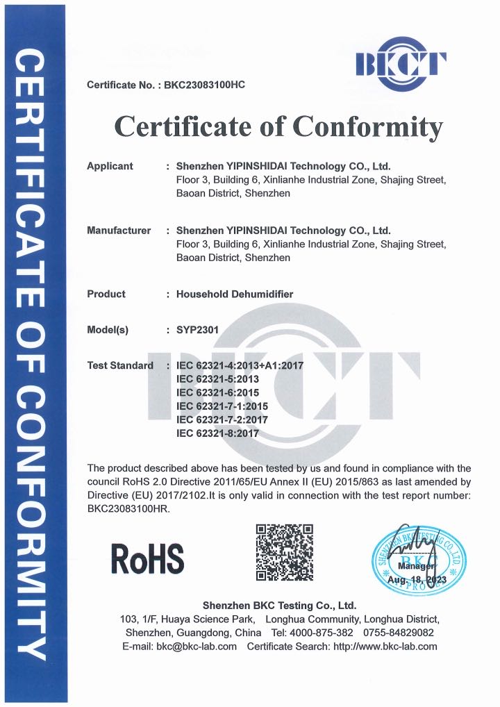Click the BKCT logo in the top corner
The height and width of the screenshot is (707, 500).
click(x=401, y=65)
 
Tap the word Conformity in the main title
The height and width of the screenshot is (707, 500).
click(x=367, y=126)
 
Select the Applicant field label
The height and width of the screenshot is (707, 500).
click(x=110, y=166)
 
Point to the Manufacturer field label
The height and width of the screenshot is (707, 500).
click(x=119, y=230)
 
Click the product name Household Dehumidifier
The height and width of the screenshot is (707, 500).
click(x=235, y=294)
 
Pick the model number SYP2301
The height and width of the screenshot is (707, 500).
click(x=198, y=330)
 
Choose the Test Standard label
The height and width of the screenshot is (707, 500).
click(x=120, y=365)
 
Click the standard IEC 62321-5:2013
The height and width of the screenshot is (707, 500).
click(x=217, y=379)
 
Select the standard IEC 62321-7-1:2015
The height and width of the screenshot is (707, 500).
click(x=222, y=406)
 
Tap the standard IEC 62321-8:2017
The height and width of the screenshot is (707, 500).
click(x=217, y=433)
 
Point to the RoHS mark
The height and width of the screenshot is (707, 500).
click(x=148, y=559)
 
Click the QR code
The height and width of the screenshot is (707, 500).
click(x=284, y=553)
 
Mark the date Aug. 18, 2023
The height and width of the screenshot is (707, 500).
click(x=417, y=579)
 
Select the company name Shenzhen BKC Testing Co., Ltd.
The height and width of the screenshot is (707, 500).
click(x=278, y=605)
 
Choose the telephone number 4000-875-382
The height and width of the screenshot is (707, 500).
click(x=322, y=633)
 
